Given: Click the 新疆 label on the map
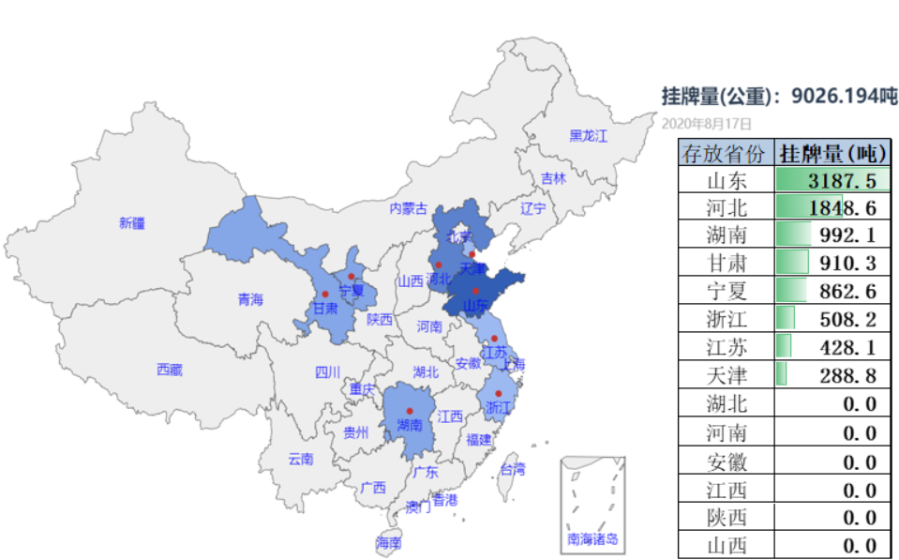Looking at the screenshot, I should (132, 223).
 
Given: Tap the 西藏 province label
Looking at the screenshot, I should (170, 370).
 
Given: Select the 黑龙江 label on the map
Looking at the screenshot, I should (588, 136).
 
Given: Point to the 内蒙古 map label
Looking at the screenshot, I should (409, 208).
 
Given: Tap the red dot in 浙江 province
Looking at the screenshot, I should (499, 393).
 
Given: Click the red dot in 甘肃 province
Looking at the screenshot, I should (325, 294).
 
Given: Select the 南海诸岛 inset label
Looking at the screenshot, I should (592, 538).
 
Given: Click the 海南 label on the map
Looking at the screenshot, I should (389, 542).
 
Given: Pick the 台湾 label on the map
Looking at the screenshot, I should (513, 469).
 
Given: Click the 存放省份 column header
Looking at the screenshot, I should (727, 153).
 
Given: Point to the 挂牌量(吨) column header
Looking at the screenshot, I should (832, 153).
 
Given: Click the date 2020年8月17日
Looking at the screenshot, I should (707, 123).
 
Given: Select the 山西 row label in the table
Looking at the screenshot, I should (727, 545).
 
